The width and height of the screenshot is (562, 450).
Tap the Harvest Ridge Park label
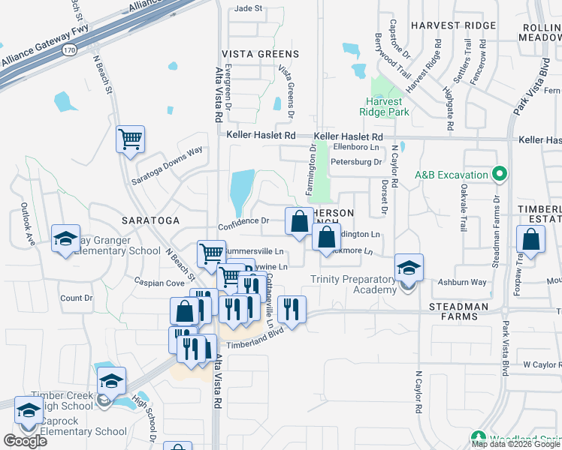(388, 106)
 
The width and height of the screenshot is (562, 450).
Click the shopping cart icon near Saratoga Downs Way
(130, 139)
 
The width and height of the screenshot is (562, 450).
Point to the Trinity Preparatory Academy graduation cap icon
(409, 268)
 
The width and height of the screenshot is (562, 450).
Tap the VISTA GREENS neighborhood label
(260, 54)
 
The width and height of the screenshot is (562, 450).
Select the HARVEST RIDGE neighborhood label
(453, 25)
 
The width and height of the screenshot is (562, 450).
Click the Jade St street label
(248, 8)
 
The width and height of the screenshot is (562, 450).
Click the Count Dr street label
(76, 298)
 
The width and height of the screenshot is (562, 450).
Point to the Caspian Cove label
(159, 283)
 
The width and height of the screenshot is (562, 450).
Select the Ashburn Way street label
(464, 283)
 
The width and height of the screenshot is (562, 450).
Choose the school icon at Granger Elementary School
(65, 239)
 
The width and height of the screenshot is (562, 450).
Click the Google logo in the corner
(25, 440)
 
